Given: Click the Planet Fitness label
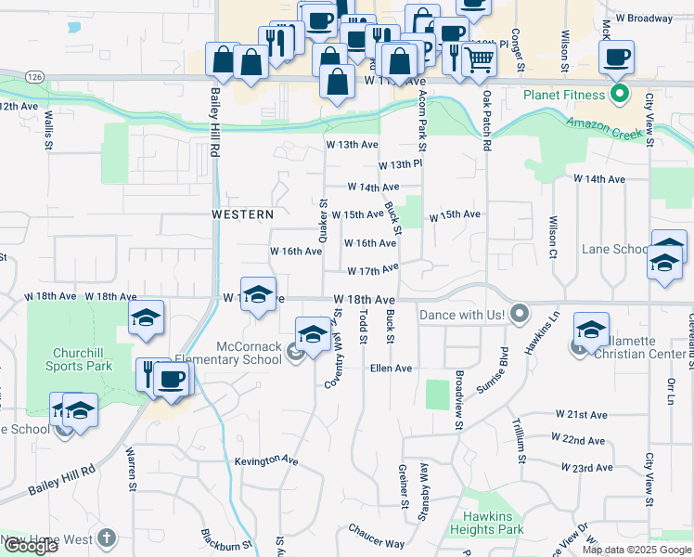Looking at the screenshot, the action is tap(564, 95).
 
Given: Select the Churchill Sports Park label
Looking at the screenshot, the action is tap(83, 359).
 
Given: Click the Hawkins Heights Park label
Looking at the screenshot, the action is tap(493, 522).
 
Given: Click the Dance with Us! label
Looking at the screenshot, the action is tap(461, 316).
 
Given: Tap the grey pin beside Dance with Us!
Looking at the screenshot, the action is tap(519, 315).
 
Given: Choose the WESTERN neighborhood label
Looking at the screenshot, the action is tap(242, 214).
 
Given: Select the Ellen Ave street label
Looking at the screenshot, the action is tap(391, 369).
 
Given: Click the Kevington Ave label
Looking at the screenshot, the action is tap(266, 460).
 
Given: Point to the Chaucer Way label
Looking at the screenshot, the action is tap(377, 537).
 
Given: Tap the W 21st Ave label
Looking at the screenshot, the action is tap(581, 414).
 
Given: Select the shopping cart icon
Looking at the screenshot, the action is tap(479, 59).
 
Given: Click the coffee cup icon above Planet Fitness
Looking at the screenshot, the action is tap(616, 58).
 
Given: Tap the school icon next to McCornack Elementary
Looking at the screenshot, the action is tap(313, 335).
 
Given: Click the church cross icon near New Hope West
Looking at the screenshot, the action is tap(107, 538).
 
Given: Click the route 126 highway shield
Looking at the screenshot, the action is tap(34, 75).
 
